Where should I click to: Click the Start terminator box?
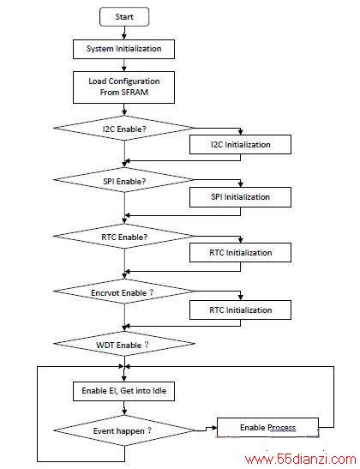pos(124,17)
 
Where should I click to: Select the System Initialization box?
pos(123,49)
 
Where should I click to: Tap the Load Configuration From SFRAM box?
pos(123,87)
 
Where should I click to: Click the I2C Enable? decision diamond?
pos(124,129)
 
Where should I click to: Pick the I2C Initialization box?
pos(240,144)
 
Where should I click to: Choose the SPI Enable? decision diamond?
pos(124,180)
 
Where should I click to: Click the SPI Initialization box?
pos(240,197)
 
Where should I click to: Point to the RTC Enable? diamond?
pos(124,237)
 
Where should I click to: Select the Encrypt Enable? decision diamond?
pos(124,292)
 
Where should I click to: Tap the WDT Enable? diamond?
pos(124,344)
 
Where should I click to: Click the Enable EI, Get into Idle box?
pos(123,391)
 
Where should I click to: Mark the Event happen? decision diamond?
pos(124,430)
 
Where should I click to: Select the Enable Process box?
pos(267,428)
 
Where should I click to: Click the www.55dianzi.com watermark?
pos(301,459)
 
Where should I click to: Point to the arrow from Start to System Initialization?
pos(124,33)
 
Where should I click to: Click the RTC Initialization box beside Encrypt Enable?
pos(240,310)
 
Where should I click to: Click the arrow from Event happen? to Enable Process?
pos(206,430)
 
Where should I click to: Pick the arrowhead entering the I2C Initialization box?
pos(240,132)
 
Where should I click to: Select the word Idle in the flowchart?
pos(159,391)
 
